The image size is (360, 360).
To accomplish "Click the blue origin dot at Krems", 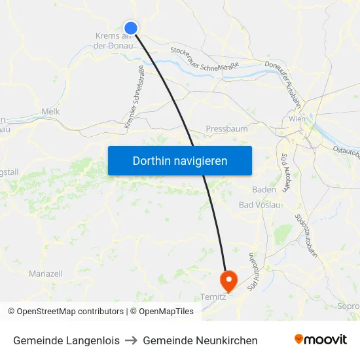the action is pyautogui.click(x=131, y=27).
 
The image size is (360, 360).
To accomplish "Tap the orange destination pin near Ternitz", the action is pyautogui.click(x=228, y=280).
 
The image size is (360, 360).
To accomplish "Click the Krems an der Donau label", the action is pyautogui.click(x=113, y=41).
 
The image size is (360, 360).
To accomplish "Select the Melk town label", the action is pyautogui.click(x=50, y=112).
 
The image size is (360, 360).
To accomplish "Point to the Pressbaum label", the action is pyautogui.click(x=226, y=129).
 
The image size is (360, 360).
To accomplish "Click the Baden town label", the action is pyautogui.click(x=264, y=189).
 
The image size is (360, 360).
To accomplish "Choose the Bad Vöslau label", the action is pyautogui.click(x=260, y=205).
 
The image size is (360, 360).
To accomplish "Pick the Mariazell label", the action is pyautogui.click(x=46, y=272).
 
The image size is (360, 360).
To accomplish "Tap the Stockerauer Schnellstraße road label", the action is pyautogui.click(x=204, y=58).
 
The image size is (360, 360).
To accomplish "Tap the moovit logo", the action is pyautogui.click(x=321, y=340).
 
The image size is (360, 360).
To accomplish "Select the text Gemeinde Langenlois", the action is pyautogui.click(x=66, y=340).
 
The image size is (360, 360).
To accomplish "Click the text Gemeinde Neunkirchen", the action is pyautogui.click(x=200, y=340).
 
